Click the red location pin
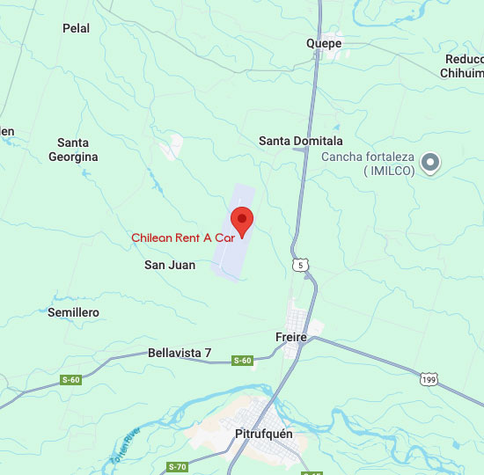[241, 218]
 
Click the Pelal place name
[77, 28]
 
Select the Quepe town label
[324, 43]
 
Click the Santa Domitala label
[301, 141]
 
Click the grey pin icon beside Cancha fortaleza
[430, 163]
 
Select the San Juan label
[170, 264]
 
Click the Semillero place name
[73, 312]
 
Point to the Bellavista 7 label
[180, 353]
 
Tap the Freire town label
[291, 336]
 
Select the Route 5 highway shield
[302, 264]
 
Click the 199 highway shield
[429, 379]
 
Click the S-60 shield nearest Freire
[242, 361]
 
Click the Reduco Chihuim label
[464, 66]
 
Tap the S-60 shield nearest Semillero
[70, 380]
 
